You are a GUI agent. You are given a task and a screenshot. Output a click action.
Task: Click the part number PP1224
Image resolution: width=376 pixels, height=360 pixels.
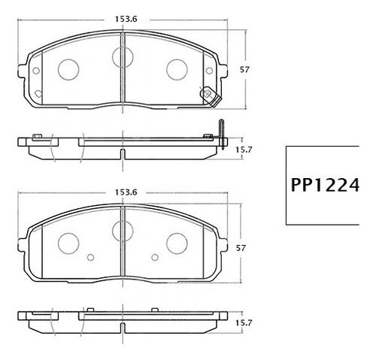tap(325, 185)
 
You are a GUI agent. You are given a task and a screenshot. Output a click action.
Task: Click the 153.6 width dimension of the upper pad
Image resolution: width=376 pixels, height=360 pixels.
tap(126, 19)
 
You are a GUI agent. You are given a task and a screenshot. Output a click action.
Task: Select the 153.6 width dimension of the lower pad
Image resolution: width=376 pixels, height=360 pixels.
tap(126, 192)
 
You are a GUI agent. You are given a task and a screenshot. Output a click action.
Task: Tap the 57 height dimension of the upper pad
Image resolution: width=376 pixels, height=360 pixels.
tap(244, 69)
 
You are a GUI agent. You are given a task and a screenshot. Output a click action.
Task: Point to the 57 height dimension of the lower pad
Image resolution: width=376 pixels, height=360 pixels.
tap(241, 248)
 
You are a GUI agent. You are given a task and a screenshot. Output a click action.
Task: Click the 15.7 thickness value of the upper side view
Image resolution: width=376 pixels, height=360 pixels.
tap(244, 150)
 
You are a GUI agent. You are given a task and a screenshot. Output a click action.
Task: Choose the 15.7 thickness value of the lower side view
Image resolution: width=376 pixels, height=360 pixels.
tap(244, 323)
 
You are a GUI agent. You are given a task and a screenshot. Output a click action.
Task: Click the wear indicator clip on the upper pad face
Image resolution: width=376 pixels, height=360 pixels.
tap(210, 97)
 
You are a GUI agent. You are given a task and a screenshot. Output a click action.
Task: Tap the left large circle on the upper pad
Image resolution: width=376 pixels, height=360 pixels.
tap(68, 70)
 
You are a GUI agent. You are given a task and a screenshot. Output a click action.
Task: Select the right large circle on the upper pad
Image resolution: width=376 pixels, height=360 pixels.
tap(177, 70)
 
